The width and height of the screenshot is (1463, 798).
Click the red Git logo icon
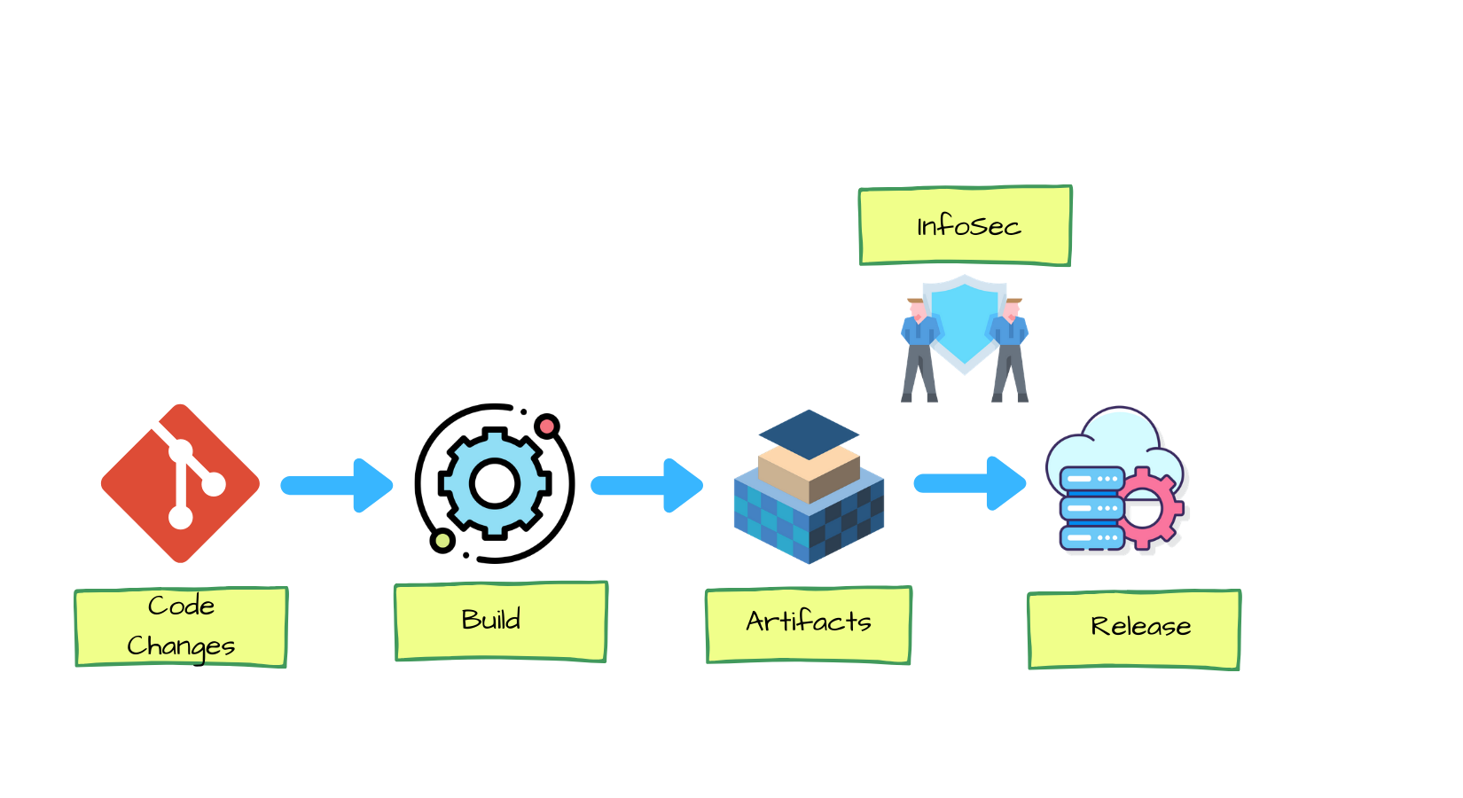pyautogui.click(x=180, y=483)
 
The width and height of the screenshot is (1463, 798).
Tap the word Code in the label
pyautogui.click(x=181, y=606)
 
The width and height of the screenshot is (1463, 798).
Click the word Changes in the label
pyautogui.click(x=181, y=645)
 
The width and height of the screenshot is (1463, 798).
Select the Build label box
pyautogui.click(x=500, y=621)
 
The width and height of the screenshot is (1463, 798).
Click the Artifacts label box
pyautogui.click(x=808, y=624)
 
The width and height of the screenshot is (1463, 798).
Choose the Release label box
pyautogui.click(x=1133, y=629)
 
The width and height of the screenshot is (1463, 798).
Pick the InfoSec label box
pyautogui.click(x=966, y=225)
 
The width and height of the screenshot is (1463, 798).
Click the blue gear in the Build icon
pyautogui.click(x=495, y=483)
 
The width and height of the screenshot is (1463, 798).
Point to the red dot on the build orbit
pyautogui.click(x=547, y=426)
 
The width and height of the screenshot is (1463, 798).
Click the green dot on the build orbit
pyautogui.click(x=442, y=540)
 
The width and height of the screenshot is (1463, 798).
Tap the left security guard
pyautogui.click(x=919, y=350)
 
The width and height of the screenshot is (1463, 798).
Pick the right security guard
pyautogui.click(x=1010, y=350)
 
